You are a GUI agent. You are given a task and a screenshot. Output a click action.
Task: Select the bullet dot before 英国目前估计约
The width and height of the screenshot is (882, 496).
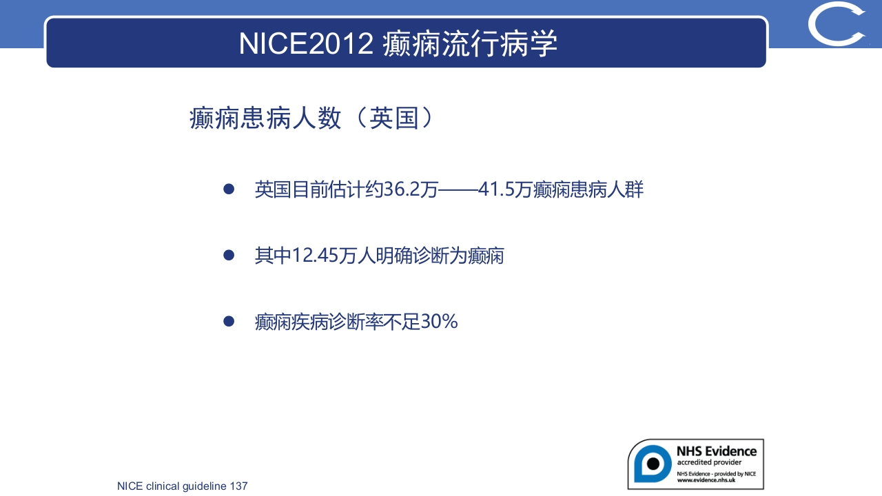coord(229,189)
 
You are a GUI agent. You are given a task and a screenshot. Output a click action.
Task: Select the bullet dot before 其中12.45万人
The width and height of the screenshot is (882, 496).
coord(229,256)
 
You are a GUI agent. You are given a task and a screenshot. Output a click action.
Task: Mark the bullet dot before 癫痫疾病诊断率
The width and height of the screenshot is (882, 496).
coord(229,322)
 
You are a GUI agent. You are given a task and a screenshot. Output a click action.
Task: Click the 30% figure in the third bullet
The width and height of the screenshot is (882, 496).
coord(439,322)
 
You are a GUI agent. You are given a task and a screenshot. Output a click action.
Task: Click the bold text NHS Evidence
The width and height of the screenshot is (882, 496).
coord(716,451)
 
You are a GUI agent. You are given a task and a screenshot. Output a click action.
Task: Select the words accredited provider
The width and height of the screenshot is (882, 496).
coord(709,462)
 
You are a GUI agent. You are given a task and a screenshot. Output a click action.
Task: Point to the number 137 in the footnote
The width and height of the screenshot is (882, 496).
coord(238,486)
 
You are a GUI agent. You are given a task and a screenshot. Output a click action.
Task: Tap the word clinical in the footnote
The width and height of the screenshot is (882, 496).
coord(162,486)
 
